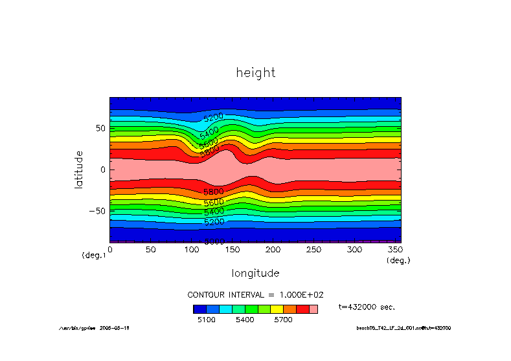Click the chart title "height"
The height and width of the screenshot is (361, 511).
point(256,72)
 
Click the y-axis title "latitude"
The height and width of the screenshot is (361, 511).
point(79,169)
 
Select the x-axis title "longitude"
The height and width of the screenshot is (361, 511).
point(256,273)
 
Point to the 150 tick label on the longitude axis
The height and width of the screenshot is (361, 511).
point(232,250)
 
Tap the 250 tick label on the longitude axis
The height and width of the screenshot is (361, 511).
point(313,250)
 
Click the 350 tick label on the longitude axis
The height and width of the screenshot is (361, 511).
point(394,250)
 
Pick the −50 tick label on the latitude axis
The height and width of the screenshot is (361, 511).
point(96,211)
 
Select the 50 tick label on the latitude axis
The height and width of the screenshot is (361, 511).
point(100,128)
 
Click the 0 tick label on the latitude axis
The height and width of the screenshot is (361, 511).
point(103,170)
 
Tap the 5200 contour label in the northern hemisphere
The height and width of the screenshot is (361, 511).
point(213,117)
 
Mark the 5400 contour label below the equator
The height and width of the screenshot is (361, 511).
point(214,212)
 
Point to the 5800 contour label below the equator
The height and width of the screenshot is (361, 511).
point(213,192)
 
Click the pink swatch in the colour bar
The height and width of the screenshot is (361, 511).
point(313,309)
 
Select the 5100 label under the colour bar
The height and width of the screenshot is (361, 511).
point(205,320)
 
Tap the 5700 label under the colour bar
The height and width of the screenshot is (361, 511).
point(283,320)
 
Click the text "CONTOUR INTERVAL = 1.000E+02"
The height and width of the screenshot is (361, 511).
point(255,294)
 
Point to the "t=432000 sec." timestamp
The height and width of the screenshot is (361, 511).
point(367,307)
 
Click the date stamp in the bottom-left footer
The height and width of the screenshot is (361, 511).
point(115,328)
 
